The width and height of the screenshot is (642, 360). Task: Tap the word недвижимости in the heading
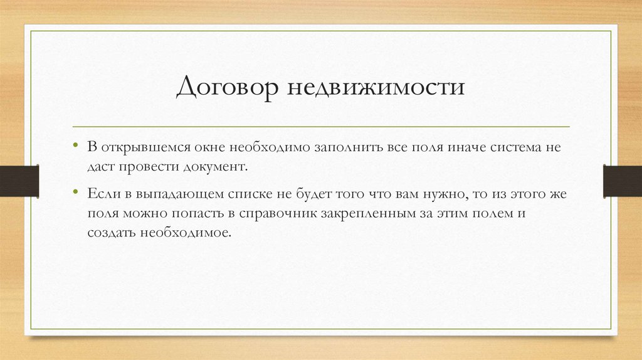pos(376,87)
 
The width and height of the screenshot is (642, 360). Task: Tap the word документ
pos(216,167)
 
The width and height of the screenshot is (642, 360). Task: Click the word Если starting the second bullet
pos(100,194)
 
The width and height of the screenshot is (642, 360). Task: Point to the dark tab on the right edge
pos(622,181)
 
